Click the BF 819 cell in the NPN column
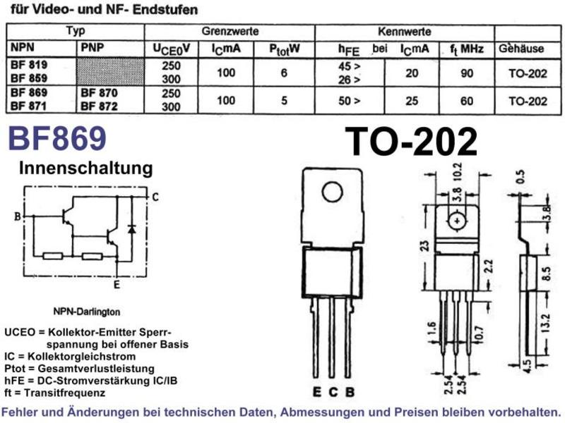click(29, 65)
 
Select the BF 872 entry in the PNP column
click(99, 106)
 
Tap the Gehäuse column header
click(521, 49)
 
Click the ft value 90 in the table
click(467, 73)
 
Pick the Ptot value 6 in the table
click(284, 73)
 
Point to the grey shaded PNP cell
click(110, 72)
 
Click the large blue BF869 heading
click(57, 138)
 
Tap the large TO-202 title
click(411, 142)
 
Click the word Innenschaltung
click(85, 168)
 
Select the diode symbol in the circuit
click(132, 228)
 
